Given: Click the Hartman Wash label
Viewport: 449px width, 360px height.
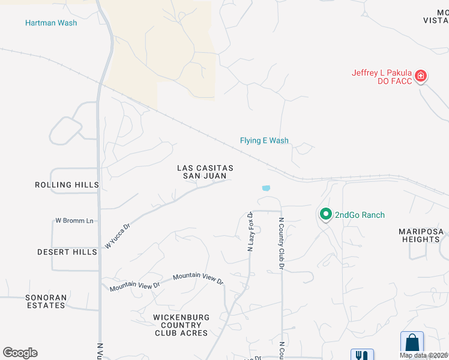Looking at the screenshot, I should [51, 23].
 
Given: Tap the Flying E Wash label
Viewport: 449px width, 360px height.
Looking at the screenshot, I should [264, 140].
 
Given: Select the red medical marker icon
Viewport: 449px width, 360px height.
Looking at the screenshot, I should [421, 76].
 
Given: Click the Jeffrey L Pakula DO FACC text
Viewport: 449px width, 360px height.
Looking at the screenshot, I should [382, 77].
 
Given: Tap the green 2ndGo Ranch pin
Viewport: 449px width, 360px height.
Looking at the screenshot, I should [325, 214].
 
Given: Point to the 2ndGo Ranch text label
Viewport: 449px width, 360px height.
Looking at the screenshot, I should [360, 215].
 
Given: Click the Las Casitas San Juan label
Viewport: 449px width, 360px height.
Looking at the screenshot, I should [205, 172].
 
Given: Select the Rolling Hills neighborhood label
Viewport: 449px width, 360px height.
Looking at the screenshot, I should [66, 185].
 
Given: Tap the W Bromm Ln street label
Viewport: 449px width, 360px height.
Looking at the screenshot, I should [75, 221].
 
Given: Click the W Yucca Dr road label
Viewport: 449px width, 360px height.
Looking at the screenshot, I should [117, 236].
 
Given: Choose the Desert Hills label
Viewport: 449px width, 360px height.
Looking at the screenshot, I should [67, 252].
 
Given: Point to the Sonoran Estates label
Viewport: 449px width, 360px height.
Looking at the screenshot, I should [46, 301].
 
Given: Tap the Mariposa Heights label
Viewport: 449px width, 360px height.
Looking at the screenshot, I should [421, 235].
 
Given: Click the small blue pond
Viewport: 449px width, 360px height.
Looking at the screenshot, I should [265, 188].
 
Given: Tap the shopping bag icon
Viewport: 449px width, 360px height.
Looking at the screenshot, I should [412, 343].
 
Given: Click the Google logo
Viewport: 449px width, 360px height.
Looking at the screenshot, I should [20, 353].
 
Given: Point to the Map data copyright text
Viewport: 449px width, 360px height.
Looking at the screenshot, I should [423, 355].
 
